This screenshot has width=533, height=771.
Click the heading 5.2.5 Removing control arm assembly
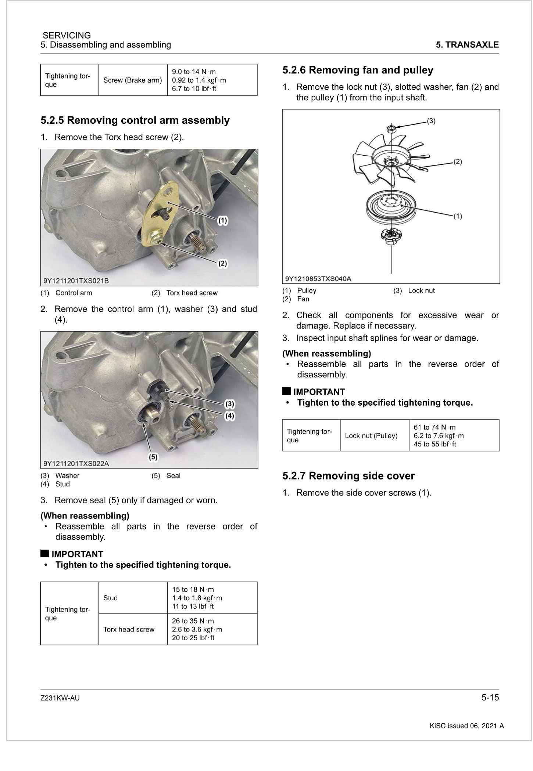135,120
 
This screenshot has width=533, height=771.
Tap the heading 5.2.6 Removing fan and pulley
358,70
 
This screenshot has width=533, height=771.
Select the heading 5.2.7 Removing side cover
348,476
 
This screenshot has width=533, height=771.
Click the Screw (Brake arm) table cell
132,80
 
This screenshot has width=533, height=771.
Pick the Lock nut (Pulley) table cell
371,436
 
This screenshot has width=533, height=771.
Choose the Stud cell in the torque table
110,598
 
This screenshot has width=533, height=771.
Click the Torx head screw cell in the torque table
129,629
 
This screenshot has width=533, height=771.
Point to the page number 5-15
490,698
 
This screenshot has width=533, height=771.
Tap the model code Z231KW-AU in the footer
60,698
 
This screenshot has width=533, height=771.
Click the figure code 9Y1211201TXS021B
76,281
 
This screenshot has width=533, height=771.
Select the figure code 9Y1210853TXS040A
318,279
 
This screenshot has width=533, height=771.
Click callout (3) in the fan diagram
431,121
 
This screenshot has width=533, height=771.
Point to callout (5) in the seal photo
153,457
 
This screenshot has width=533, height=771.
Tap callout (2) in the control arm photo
222,263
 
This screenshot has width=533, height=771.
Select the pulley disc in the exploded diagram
391,207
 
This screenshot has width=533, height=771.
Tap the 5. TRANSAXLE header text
467,45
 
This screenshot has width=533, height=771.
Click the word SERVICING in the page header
67,36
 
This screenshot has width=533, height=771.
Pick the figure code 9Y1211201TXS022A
76,463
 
